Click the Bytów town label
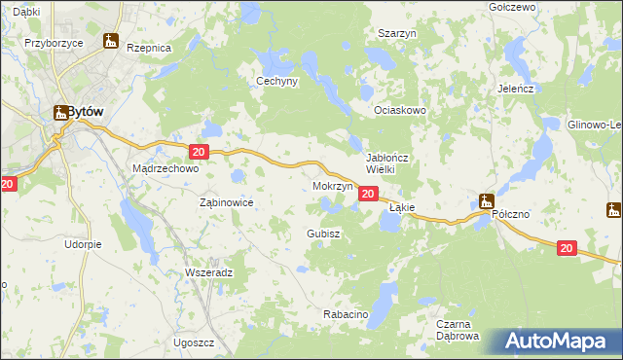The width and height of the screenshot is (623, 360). tap(86, 112)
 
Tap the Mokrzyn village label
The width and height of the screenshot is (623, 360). tap(333, 185)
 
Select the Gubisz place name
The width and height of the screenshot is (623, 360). tap(322, 234)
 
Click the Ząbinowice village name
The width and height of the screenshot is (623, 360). tap(226, 202)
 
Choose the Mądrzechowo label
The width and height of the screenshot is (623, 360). tap(165, 168)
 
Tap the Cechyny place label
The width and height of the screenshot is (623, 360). tap(275, 82)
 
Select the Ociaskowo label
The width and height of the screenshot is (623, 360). tap(401, 111)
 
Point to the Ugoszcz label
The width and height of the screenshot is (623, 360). tap(194, 343)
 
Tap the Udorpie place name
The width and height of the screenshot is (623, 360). tap(84, 244)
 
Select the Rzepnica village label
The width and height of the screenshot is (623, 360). tap(148, 48)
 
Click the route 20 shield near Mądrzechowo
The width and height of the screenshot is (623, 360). tap(199, 152)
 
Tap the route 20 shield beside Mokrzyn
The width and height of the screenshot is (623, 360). tap(367, 195)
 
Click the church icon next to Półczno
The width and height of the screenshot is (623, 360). tap(487, 202)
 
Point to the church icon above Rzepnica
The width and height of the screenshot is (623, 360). tap(112, 43)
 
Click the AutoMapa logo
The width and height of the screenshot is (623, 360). tap(560, 342)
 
